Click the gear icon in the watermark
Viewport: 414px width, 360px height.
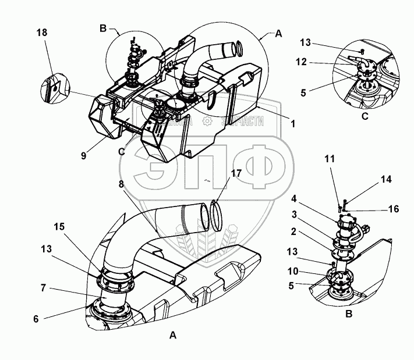coord(206,121)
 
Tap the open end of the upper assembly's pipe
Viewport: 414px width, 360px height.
coord(238,46)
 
